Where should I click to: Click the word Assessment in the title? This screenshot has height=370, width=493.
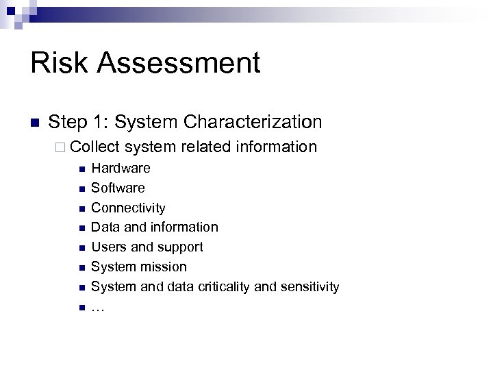(179, 63)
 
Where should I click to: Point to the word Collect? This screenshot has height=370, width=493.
(95, 147)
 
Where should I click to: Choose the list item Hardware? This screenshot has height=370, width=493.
(121, 169)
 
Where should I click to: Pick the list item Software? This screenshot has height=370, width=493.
(118, 188)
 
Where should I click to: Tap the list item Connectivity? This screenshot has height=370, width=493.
(128, 208)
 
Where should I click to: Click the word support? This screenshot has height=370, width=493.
(180, 247)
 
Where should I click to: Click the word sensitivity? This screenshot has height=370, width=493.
(306, 287)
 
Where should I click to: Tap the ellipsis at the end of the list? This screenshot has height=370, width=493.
(97, 308)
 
